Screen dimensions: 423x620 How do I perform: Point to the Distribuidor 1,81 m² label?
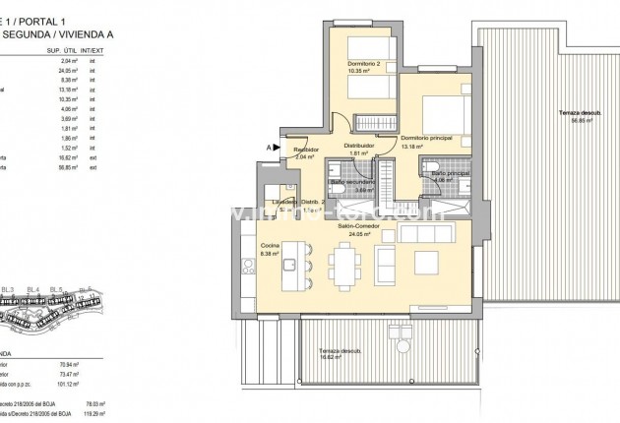(x=358, y=150)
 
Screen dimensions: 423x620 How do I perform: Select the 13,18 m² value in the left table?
(x=68, y=90)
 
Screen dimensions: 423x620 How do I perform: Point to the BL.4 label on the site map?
(x=33, y=288)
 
